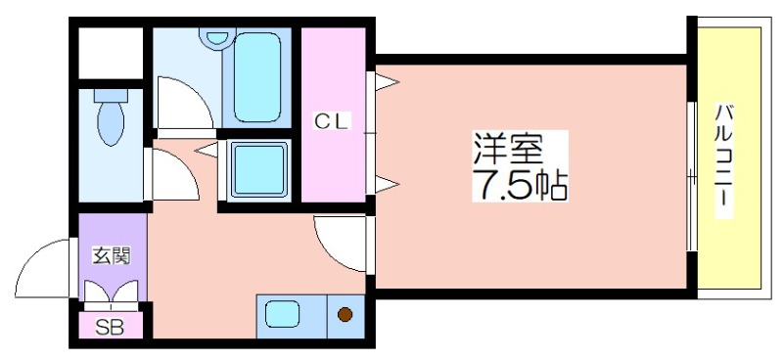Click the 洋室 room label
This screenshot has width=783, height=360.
pos(507,149)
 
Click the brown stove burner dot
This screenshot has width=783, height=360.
pos(345,315)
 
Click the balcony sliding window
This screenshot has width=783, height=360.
pos(691,176)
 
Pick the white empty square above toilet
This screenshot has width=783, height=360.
pos(111,51)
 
